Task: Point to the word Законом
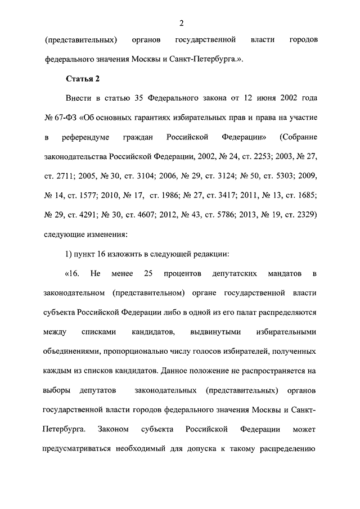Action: pos(114,429)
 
